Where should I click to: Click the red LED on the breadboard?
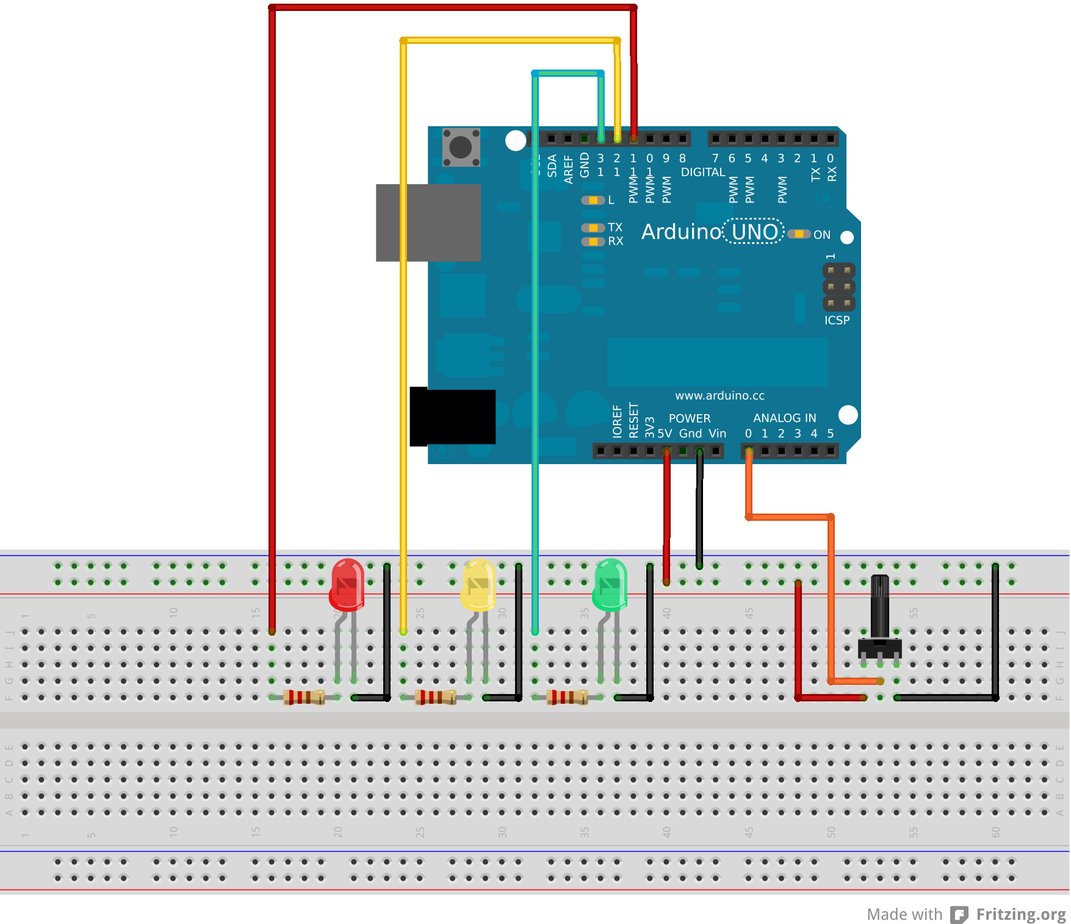tap(347, 584)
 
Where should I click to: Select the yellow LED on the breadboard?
tap(478, 584)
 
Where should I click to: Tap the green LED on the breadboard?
tap(610, 584)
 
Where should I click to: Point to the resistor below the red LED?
tap(304, 697)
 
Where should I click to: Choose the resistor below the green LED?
tap(567, 697)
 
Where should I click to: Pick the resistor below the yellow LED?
tap(435, 697)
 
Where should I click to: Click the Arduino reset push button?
tap(461, 147)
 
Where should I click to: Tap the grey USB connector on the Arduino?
tap(428, 223)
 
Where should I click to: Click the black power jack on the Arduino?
tap(452, 417)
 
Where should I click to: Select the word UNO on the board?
tap(754, 232)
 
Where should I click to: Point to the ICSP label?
tap(837, 320)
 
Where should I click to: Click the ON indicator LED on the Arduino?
tap(799, 234)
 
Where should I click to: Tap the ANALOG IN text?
tap(784, 418)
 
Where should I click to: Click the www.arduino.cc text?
tap(719, 396)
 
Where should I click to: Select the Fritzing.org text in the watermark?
tap(1020, 914)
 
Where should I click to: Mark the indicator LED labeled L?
tap(593, 200)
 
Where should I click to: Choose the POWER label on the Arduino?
tap(690, 418)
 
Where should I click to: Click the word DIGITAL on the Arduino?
tap(703, 172)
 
